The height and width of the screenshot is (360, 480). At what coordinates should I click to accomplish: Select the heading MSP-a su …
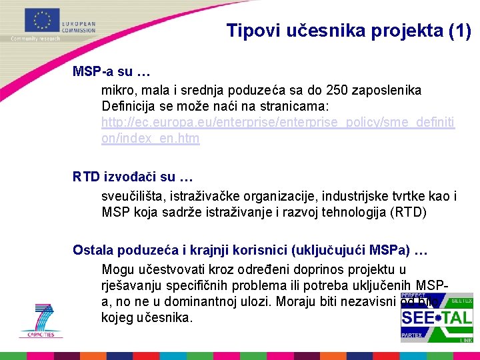coord(111,71)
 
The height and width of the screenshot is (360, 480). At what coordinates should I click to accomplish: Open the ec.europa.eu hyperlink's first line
coord(278,123)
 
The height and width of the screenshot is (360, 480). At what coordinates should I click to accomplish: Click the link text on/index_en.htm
coord(150,139)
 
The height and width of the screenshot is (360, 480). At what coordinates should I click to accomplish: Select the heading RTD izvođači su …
coord(133,177)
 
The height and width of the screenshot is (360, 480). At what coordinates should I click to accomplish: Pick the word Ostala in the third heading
coord(93,251)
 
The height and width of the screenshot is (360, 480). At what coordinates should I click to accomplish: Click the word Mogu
coord(117,269)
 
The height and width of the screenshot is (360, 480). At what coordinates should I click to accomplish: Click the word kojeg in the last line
coord(117,317)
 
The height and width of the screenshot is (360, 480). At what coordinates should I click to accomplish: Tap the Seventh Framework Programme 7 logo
coord(41,319)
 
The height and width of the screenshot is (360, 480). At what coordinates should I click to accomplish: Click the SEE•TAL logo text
coord(436,317)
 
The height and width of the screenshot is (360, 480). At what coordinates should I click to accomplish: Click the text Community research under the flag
coord(35,39)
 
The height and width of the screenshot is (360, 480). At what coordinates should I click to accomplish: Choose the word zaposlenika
coord(389,89)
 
